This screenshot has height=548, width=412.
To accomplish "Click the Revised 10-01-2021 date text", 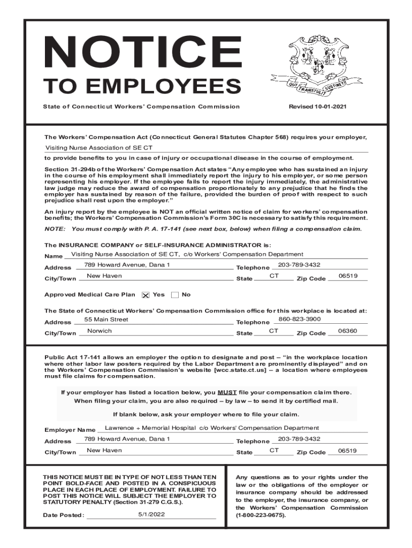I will pyautogui.click(x=317, y=106).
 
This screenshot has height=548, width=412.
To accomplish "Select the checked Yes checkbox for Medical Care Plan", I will pyautogui.click(x=146, y=295).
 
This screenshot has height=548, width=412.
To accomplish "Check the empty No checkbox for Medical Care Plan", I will pyautogui.click(x=175, y=295).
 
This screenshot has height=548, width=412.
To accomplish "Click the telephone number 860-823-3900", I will pyautogui.click(x=300, y=319).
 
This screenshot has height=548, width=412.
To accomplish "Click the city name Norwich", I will pyautogui.click(x=100, y=331).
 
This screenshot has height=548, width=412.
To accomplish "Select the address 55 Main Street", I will pyautogui.click(x=106, y=319).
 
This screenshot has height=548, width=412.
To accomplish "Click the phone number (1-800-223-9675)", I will pyautogui.click(x=261, y=516).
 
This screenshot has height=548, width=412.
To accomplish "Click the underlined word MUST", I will pyautogui.click(x=227, y=392).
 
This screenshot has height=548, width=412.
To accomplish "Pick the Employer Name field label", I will pyautogui.click(x=70, y=430).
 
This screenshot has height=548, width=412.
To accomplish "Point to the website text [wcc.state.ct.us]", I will pyautogui.click(x=240, y=370).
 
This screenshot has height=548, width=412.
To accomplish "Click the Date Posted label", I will pyautogui.click(x=64, y=515).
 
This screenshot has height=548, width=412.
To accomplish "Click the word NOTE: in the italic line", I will pyautogui.click(x=55, y=229).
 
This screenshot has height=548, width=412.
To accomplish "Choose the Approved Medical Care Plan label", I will pyautogui.click(x=89, y=295).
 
